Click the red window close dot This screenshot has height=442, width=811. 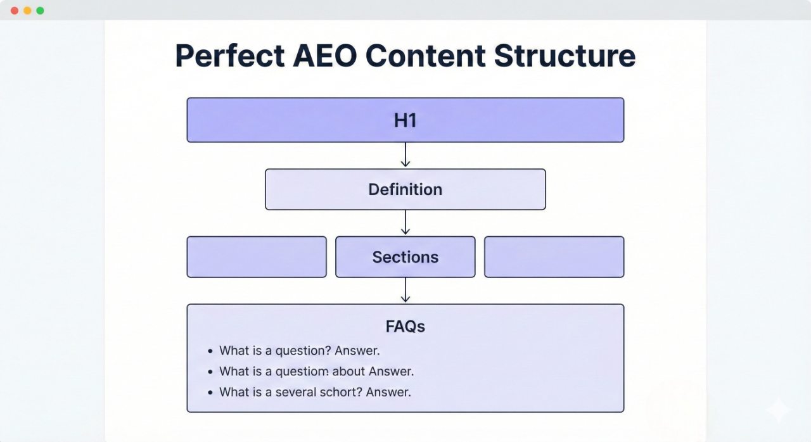[x=15, y=11]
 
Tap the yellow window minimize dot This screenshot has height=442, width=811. [x=27, y=11]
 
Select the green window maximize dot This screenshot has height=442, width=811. [x=40, y=11]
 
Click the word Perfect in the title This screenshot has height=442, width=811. [x=229, y=56]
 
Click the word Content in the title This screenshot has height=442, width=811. [x=426, y=56]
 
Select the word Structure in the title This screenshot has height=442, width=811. [x=565, y=56]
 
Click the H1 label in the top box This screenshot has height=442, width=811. [x=405, y=120]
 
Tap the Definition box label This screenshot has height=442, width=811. [x=405, y=189]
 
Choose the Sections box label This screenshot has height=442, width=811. [x=405, y=257]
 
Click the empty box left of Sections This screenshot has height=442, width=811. [x=257, y=257]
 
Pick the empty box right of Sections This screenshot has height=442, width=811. [x=554, y=257]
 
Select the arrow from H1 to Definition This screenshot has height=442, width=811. [x=405, y=155]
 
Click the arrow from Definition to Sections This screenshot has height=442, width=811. [x=405, y=223]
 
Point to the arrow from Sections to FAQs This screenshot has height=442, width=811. [x=405, y=291]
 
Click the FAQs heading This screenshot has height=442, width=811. [x=405, y=327]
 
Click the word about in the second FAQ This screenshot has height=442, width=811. [x=348, y=371]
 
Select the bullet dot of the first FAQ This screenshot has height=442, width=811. [x=210, y=351]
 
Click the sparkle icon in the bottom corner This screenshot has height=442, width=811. [x=777, y=410]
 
